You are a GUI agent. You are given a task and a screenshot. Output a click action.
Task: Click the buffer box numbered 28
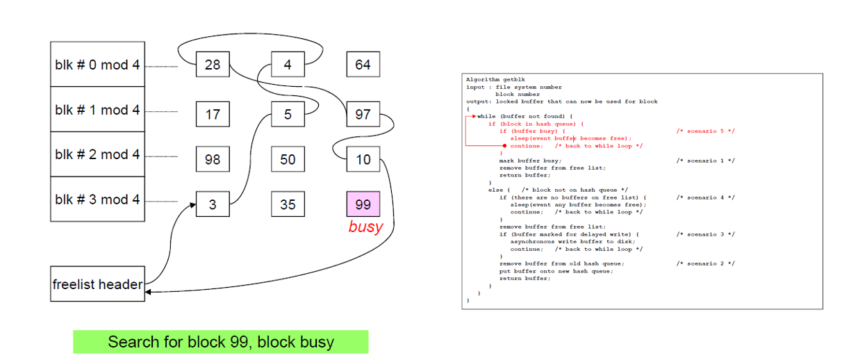pos(213,65)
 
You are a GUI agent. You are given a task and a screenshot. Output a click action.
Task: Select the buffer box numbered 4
pos(288,65)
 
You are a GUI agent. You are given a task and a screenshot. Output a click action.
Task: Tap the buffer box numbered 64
pos(363,65)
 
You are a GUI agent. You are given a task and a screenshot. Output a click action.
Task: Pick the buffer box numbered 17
pos(213,114)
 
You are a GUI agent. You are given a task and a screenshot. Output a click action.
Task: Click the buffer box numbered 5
pos(288,114)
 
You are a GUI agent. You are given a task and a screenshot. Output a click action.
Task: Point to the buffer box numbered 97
pos(363,114)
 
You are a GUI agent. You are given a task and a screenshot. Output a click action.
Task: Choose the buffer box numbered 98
pos(213,159)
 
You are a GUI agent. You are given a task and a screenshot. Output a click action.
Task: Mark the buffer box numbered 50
pos(288,159)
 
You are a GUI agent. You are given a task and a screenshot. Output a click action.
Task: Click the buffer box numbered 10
pos(363,159)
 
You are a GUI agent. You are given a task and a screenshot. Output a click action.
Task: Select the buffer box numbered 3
pos(213,204)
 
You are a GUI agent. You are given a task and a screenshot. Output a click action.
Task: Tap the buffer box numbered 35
pos(288,204)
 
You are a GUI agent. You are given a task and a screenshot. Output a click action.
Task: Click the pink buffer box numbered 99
pos(363,204)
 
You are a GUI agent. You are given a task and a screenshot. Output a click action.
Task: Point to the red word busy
pos(365,227)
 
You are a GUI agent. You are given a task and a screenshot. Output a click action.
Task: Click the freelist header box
pos(97,284)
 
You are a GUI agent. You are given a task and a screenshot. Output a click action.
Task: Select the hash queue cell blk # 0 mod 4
pos(97,65)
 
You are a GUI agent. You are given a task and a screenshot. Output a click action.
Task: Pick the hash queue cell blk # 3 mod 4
pos(97,199)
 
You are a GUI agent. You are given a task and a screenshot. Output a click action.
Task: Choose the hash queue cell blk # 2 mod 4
pos(97,154)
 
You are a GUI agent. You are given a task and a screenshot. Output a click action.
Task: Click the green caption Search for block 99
pos(221,342)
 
